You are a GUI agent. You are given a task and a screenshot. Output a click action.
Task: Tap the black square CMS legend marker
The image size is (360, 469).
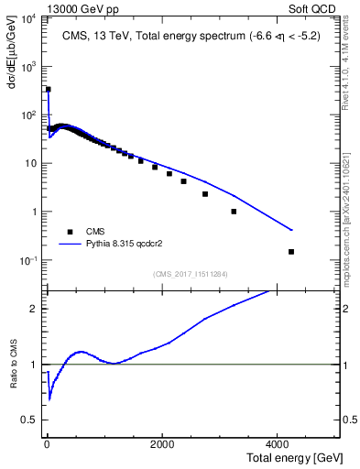tap(69, 232)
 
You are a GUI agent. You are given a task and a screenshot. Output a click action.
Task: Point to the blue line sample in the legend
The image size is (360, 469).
tap(70, 245)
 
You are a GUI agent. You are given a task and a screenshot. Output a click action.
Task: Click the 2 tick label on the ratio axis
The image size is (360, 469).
tap(34, 308)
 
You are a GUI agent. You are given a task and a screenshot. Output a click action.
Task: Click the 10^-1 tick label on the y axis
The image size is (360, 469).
tap(27, 261)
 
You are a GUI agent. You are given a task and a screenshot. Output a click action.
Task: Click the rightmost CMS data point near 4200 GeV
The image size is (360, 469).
tap(291, 251)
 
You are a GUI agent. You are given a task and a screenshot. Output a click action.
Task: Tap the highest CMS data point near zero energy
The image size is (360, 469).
tap(48, 90)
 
